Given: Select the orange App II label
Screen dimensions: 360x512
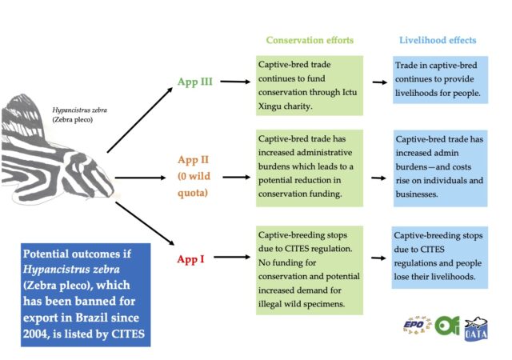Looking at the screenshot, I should [x=193, y=159].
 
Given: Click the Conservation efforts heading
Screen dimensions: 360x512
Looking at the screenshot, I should [x=309, y=40].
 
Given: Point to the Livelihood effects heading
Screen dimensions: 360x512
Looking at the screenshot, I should [x=437, y=40].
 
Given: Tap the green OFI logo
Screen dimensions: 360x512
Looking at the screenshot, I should [x=447, y=326].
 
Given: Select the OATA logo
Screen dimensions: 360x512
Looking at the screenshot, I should [x=477, y=329].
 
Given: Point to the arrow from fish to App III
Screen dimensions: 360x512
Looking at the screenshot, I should [x=140, y=118].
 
